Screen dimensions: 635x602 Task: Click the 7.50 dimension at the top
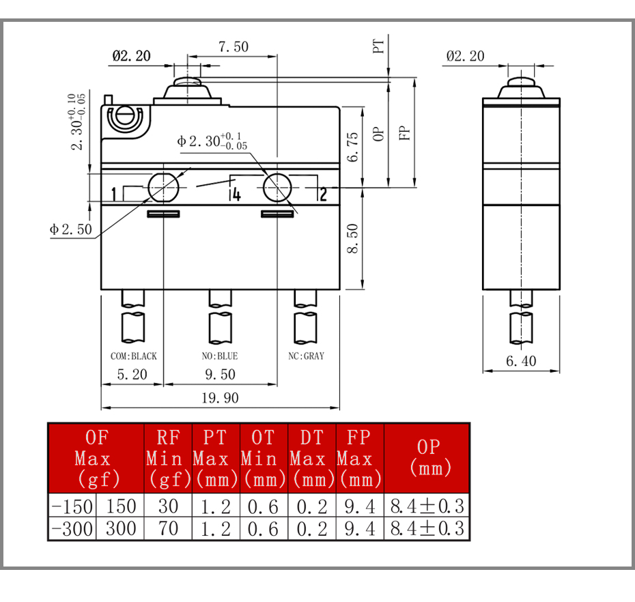[x=234, y=47]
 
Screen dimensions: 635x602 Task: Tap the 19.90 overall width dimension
[x=220, y=399]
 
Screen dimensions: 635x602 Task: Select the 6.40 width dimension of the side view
[x=521, y=361]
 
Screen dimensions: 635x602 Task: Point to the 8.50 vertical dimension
[x=353, y=238]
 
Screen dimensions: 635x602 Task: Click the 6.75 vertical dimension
[x=353, y=147]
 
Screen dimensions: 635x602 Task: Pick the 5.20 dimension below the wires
[x=132, y=375]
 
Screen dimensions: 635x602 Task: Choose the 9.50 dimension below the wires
[x=220, y=375]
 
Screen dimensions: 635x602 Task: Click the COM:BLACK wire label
[x=134, y=356]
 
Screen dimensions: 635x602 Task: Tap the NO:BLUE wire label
[x=220, y=356]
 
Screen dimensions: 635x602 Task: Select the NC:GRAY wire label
[x=306, y=356]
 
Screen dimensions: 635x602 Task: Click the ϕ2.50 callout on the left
[x=71, y=229]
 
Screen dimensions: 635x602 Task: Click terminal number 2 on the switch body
[x=323, y=195]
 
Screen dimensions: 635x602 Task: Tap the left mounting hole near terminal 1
[x=163, y=188]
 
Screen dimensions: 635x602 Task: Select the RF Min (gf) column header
[x=168, y=459]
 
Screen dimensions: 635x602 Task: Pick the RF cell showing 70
[x=168, y=529]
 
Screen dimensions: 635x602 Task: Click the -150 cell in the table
[x=72, y=506]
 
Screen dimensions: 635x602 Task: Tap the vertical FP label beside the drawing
[x=404, y=133]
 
